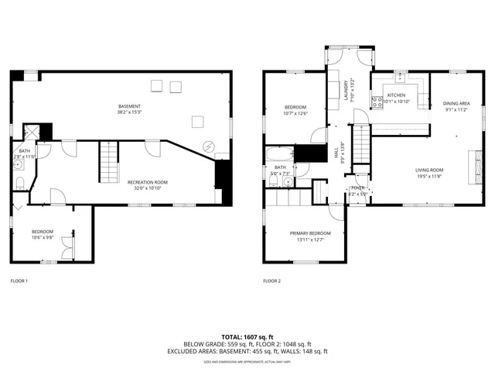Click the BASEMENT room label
(x=130, y=105)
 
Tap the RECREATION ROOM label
(x=147, y=182)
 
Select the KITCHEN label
(x=385, y=95)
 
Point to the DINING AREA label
(x=456, y=103)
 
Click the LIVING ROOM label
(x=429, y=170)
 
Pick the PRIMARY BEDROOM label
(x=310, y=233)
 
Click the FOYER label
(x=358, y=188)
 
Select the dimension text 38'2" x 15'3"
(x=130, y=112)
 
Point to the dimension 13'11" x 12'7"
(x=310, y=239)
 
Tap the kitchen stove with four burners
(x=377, y=100)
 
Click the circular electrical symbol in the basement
(x=207, y=147)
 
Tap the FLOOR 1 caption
(x=19, y=281)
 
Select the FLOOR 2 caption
(x=271, y=281)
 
